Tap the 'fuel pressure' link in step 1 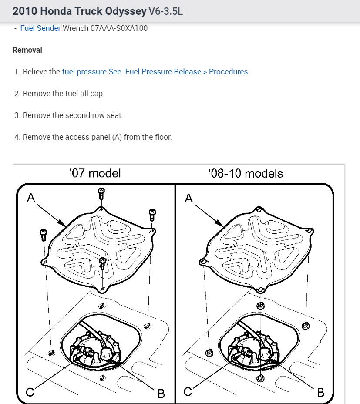pyautogui.click(x=84, y=72)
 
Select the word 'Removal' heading pyautogui.click(x=27, y=50)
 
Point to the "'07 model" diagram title pyautogui.click(x=95, y=173)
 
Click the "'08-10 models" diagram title pyautogui.click(x=246, y=173)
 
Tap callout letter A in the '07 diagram pyautogui.click(x=30, y=198)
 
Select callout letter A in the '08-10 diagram pyautogui.click(x=188, y=198)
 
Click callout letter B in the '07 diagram pyautogui.click(x=161, y=393)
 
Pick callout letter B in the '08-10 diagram pyautogui.click(x=321, y=392)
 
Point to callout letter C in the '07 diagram pyautogui.click(x=29, y=392)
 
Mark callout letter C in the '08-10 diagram pyautogui.click(x=188, y=392)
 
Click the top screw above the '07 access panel pyautogui.click(x=101, y=193)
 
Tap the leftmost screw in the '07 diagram pyautogui.click(x=43, y=235)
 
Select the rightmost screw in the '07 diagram pyautogui.click(x=152, y=215)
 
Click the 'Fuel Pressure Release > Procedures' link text pyautogui.click(x=186, y=72)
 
